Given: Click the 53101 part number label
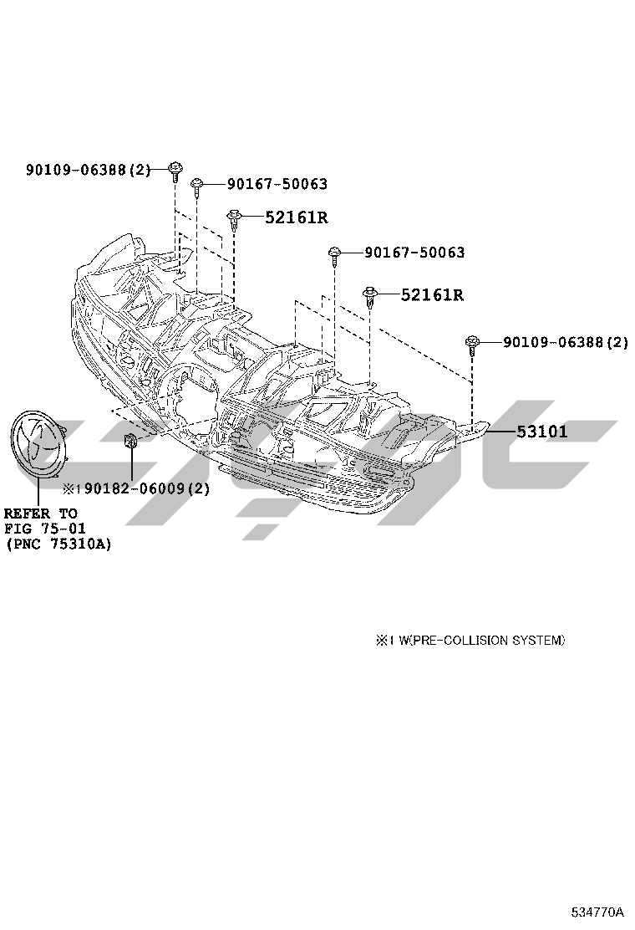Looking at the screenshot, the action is tap(541, 432).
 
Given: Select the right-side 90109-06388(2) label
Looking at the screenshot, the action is tap(566, 342).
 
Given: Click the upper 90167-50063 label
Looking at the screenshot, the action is tap(277, 185).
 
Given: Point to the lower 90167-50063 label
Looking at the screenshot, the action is tap(414, 253).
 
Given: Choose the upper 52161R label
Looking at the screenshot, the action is tap(296, 217).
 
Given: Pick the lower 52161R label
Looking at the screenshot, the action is tap(433, 294).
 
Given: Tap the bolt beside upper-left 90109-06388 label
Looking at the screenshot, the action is tap(175, 171).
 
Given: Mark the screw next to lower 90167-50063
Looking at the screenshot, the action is tap(335, 255).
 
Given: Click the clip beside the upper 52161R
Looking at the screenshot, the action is tap(235, 220).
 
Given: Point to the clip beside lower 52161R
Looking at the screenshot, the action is tap(370, 297).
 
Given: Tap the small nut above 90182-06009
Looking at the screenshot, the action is tap(130, 442).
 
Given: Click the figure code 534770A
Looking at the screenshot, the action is tap(597, 911).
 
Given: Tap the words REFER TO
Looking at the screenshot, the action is tap(41, 514).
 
